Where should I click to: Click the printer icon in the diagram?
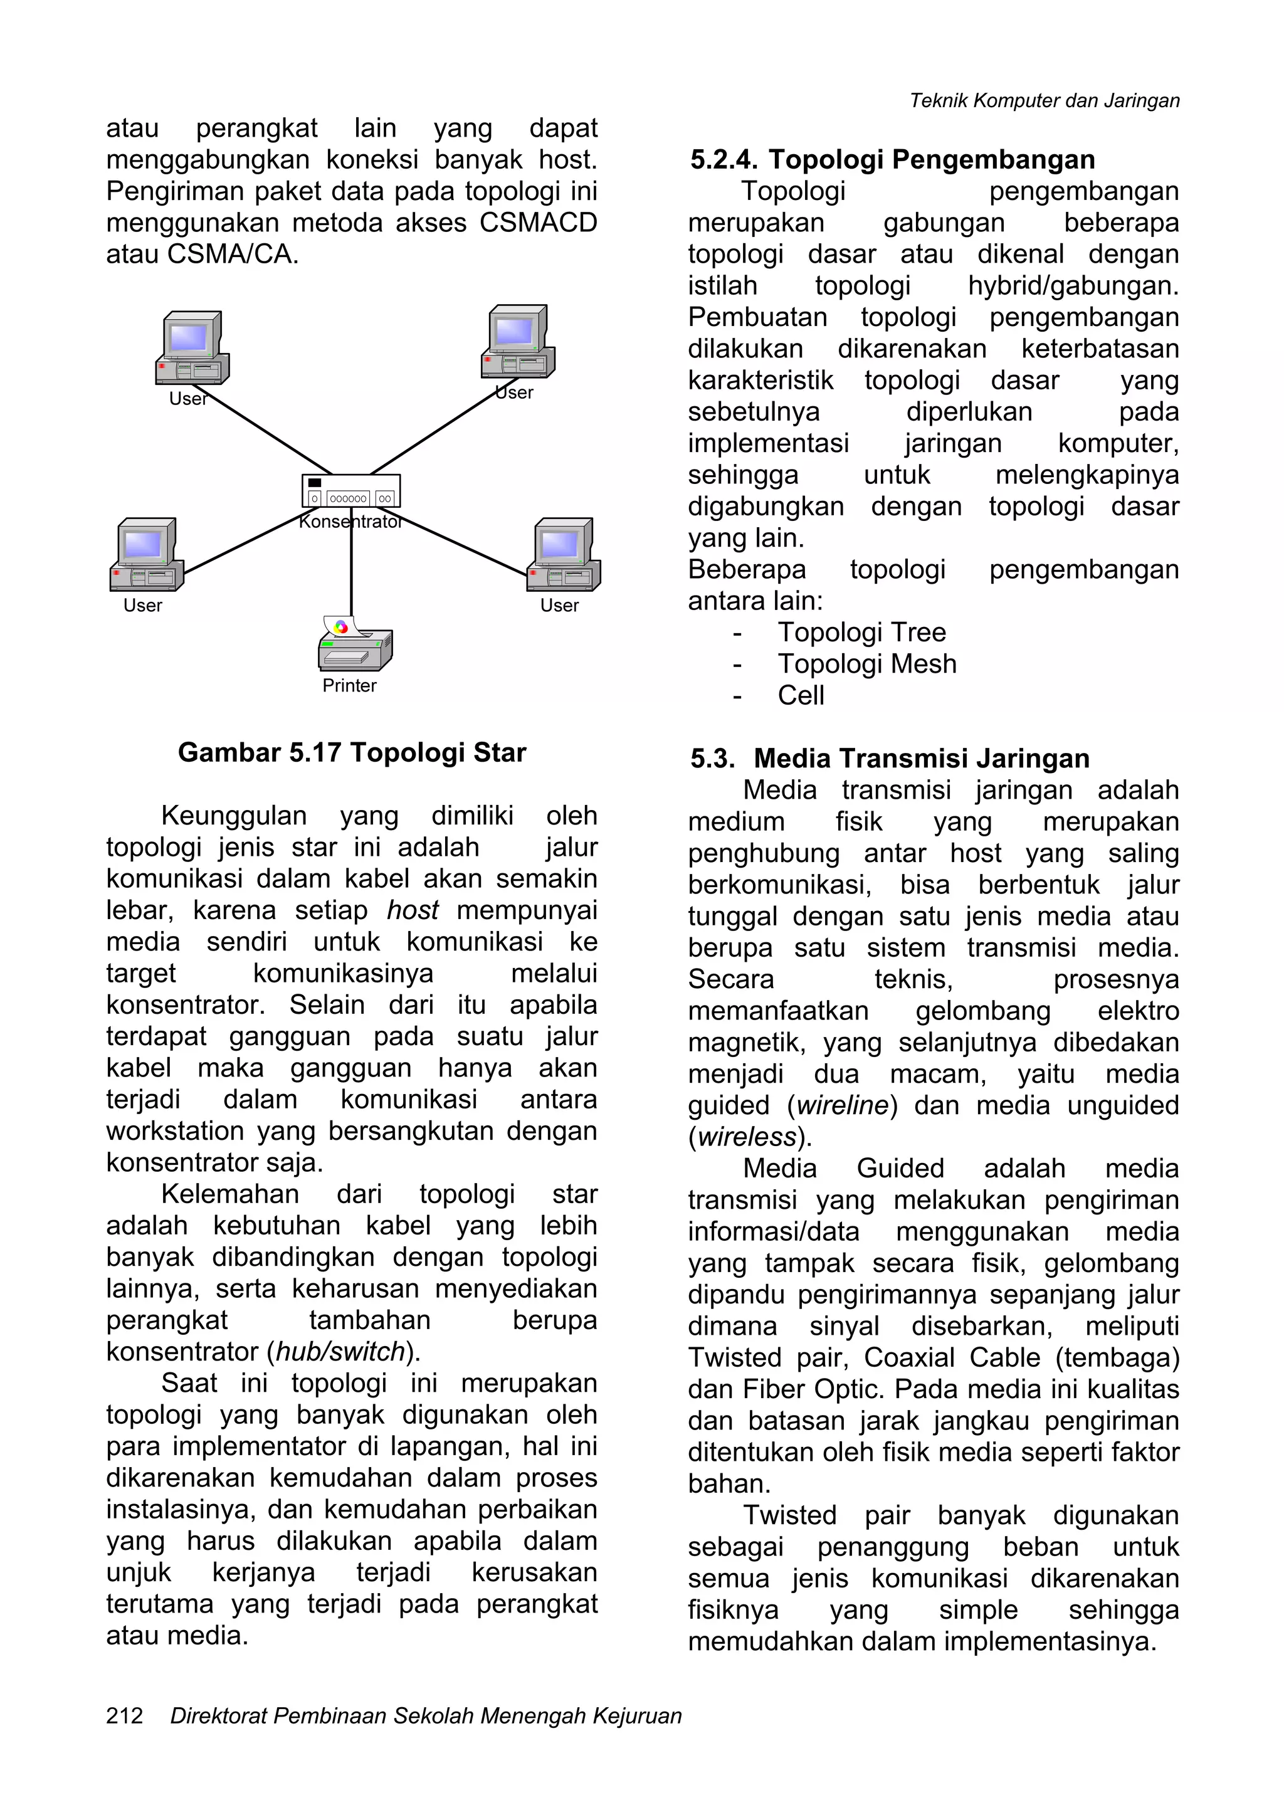[355, 644]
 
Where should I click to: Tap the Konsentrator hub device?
[351, 491]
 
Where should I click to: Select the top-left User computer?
[192, 348]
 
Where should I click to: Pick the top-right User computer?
[518, 342]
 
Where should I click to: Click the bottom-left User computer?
[146, 555]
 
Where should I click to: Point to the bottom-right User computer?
[564, 555]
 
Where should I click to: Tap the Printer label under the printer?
[349, 685]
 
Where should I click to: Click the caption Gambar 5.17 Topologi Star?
[352, 752]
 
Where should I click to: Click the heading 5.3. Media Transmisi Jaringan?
[890, 758]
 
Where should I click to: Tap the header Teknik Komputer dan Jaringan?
[1045, 100]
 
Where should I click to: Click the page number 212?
[125, 1715]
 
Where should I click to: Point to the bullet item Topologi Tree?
[862, 633]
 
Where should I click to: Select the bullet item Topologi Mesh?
[866, 664]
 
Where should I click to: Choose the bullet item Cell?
[801, 696]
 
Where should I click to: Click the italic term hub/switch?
[340, 1352]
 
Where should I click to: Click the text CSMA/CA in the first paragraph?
[233, 255]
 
